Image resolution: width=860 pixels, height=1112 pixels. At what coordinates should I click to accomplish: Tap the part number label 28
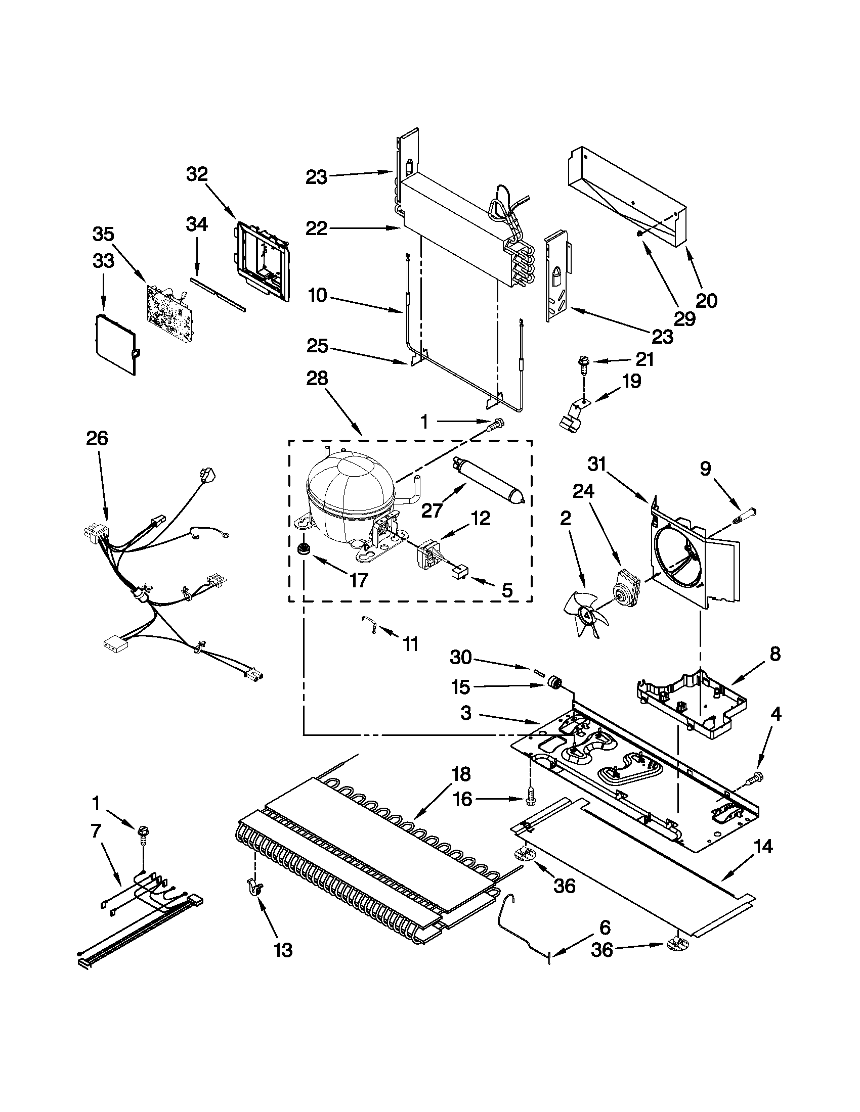pyautogui.click(x=317, y=379)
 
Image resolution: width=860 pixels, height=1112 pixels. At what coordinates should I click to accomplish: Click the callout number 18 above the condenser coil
pyautogui.click(x=460, y=774)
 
